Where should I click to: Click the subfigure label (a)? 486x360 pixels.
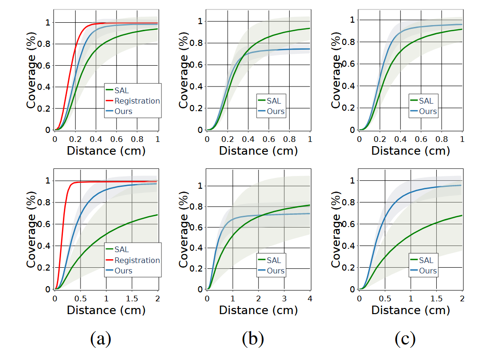[x=100, y=339]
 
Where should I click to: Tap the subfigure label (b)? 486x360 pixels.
[x=253, y=339]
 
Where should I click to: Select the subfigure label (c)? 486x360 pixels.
[x=406, y=339]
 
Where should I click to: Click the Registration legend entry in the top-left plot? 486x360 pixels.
[x=137, y=101]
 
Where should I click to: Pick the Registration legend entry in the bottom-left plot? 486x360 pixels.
[x=137, y=260]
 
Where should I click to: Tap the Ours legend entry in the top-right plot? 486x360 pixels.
[x=428, y=112]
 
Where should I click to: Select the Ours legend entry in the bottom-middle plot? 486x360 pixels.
[x=275, y=271]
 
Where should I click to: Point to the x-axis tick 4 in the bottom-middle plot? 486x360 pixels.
[x=310, y=299]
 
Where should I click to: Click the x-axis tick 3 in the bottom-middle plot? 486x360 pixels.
[x=284, y=299]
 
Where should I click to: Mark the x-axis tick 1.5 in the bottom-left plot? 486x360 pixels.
[x=132, y=299]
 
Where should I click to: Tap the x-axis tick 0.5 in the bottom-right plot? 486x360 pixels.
[x=385, y=299]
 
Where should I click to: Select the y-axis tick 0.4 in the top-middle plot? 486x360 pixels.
[x=200, y=87]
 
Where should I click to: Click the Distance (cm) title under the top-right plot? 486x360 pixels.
[x=410, y=151]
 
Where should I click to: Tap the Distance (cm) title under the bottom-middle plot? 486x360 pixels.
[x=258, y=310]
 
